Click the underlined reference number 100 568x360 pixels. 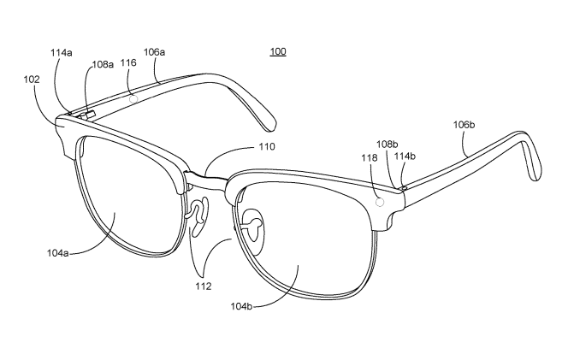click(278, 52)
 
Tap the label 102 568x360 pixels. click(32, 80)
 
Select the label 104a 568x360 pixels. click(57, 253)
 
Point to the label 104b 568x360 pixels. click(241, 306)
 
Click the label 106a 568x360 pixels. click(154, 52)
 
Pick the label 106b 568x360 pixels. click(464, 125)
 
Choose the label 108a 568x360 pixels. click(103, 64)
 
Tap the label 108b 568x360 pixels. click(388, 145)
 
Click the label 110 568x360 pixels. click(267, 147)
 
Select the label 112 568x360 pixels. click(204, 286)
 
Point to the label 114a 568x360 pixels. click(62, 53)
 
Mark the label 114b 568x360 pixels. click(405, 156)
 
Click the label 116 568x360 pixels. click(128, 63)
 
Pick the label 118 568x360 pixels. click(370, 158)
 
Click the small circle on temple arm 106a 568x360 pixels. click(133, 98)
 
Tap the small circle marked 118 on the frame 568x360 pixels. click(380, 203)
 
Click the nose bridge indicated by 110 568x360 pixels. click(206, 180)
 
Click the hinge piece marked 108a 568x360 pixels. click(87, 115)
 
